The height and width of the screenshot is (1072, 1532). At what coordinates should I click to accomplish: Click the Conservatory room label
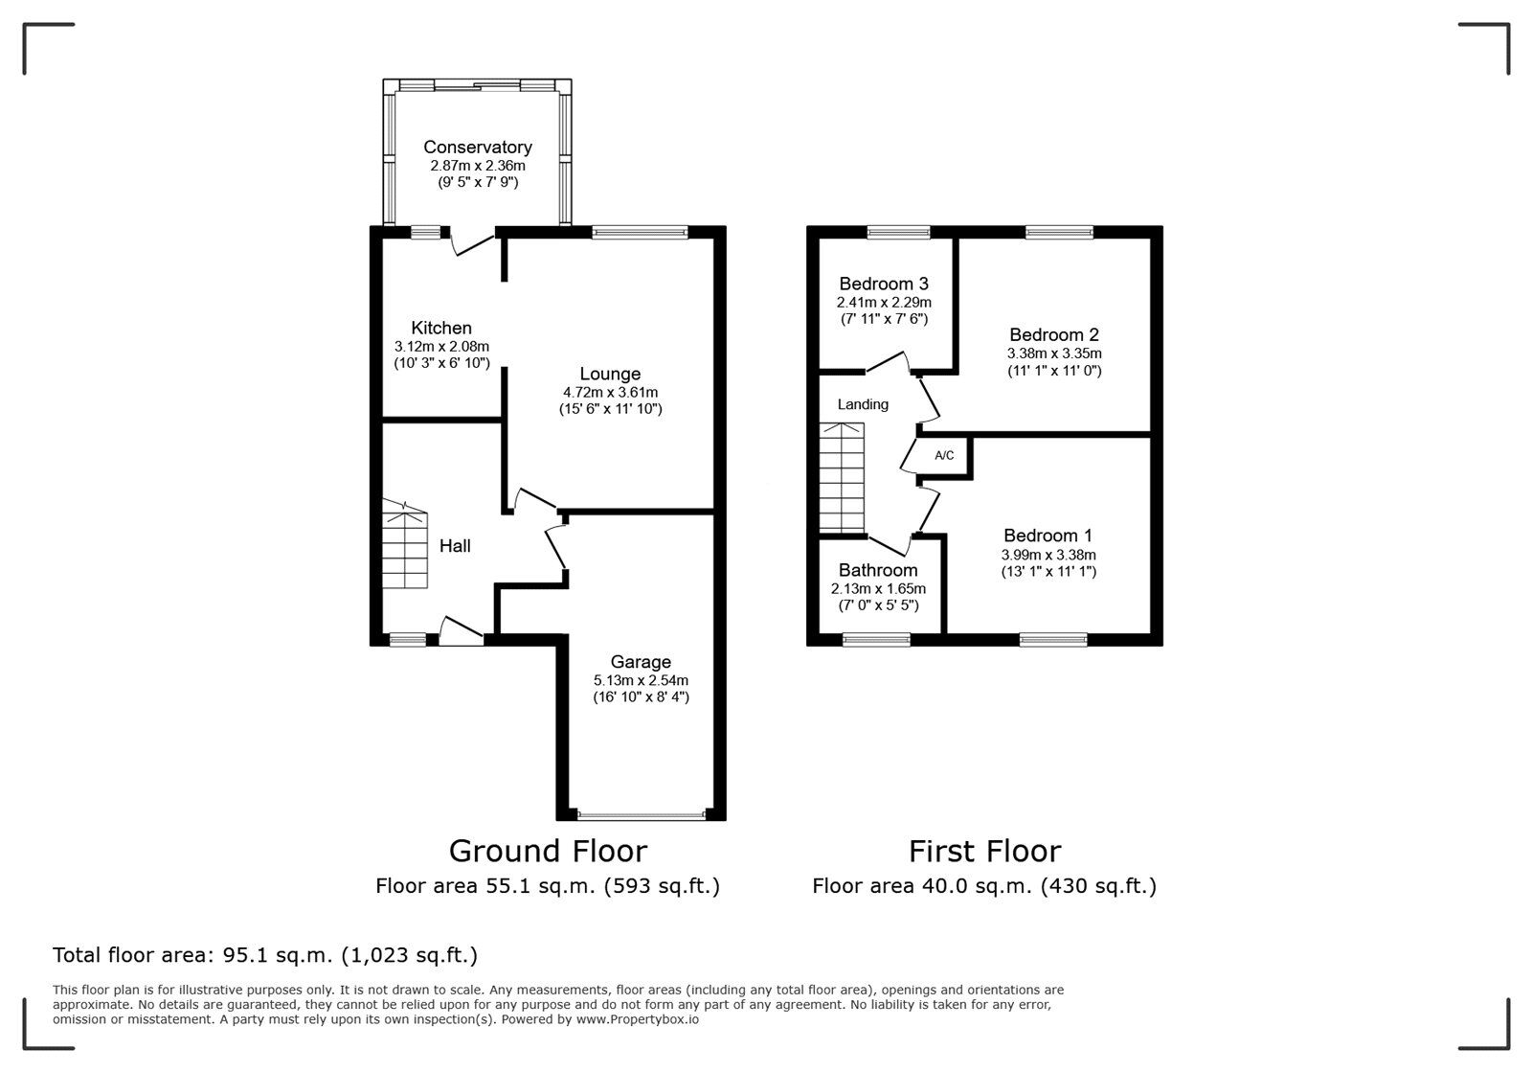[477, 147]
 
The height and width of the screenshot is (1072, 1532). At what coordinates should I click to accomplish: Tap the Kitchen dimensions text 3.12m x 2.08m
[441, 347]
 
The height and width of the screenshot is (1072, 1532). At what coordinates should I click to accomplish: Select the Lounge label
[610, 374]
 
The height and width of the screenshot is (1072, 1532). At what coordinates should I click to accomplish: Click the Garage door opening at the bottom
[641, 816]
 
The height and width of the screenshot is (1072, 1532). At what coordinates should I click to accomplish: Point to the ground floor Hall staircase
[405, 546]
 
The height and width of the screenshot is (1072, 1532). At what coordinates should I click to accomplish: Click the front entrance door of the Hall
[461, 633]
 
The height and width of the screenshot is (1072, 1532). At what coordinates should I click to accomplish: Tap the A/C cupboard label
[944, 456]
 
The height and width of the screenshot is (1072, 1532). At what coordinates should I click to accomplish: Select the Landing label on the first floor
[863, 404]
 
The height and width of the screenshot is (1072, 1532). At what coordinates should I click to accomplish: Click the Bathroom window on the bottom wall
[876, 640]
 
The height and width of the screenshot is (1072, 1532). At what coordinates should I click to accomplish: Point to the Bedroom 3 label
[883, 284]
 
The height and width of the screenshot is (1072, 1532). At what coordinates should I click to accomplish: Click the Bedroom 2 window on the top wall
[1058, 232]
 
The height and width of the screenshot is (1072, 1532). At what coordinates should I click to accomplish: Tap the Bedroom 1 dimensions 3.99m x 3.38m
[1048, 555]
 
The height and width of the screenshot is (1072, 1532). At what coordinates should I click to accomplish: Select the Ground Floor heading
[548, 851]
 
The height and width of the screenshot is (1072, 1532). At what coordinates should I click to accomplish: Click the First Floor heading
[984, 851]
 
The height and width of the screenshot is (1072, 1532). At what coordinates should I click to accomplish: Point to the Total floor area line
[265, 955]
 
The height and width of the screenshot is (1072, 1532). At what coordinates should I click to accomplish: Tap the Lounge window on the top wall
[640, 232]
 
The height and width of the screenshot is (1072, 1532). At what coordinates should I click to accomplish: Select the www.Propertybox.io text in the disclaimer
[637, 1020]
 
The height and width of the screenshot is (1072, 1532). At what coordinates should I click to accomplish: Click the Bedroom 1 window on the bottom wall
[1052, 640]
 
